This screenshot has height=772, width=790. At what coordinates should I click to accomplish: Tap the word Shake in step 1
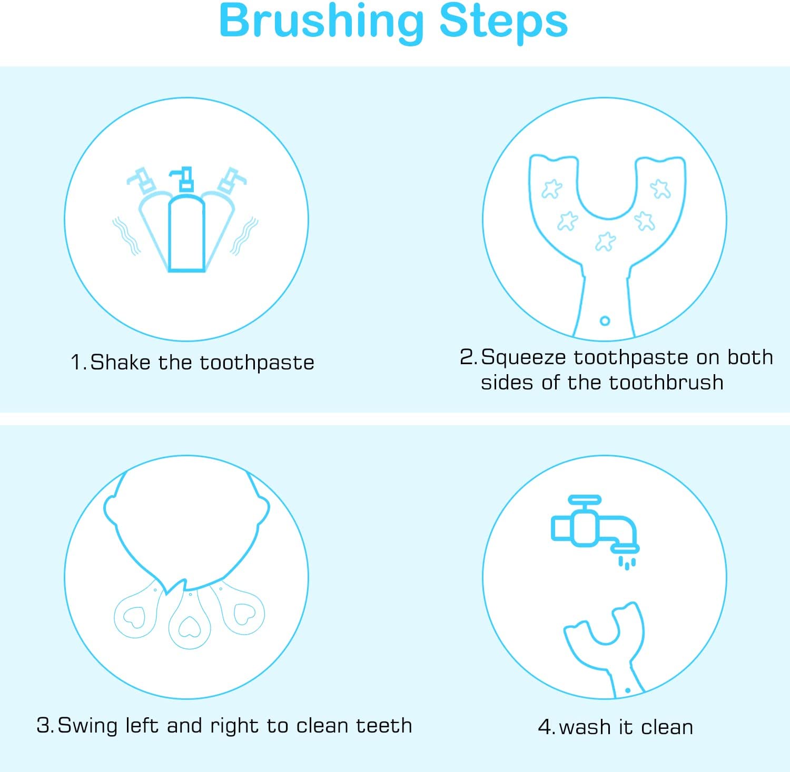(x=121, y=363)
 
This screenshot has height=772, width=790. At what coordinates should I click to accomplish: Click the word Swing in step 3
(x=87, y=726)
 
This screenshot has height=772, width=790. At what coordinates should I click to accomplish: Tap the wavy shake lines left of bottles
(x=126, y=236)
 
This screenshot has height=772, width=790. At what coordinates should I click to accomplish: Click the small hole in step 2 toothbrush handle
(x=605, y=320)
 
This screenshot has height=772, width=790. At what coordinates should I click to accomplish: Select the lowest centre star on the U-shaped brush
(x=606, y=242)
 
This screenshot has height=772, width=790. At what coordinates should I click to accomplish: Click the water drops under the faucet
(x=627, y=563)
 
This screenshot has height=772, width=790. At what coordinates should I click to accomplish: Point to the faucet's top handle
(x=585, y=499)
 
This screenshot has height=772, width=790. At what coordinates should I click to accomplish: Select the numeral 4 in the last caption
(x=545, y=727)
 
